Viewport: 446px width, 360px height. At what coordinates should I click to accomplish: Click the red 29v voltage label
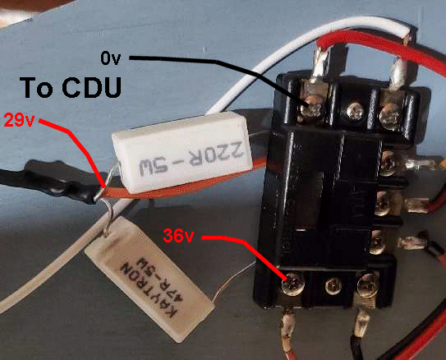tap(20, 120)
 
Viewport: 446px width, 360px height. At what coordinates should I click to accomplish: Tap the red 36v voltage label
tap(178, 236)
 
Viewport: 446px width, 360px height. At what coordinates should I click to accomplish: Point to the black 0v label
tap(111, 58)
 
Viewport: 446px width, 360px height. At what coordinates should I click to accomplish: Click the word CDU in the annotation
tap(92, 87)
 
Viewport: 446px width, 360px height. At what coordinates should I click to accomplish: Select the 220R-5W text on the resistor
tap(191, 161)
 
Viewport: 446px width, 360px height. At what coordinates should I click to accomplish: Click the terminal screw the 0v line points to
tap(312, 107)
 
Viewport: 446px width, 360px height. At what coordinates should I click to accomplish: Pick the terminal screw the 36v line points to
tap(293, 284)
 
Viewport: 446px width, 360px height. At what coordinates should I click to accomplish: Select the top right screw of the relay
tap(390, 113)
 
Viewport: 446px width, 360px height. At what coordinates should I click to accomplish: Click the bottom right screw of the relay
tap(368, 284)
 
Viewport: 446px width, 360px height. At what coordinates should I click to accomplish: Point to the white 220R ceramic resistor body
tap(182, 152)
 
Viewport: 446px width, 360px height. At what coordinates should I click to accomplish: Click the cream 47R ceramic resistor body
tap(149, 279)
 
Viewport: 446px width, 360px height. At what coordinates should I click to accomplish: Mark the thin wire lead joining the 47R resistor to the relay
tap(233, 282)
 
